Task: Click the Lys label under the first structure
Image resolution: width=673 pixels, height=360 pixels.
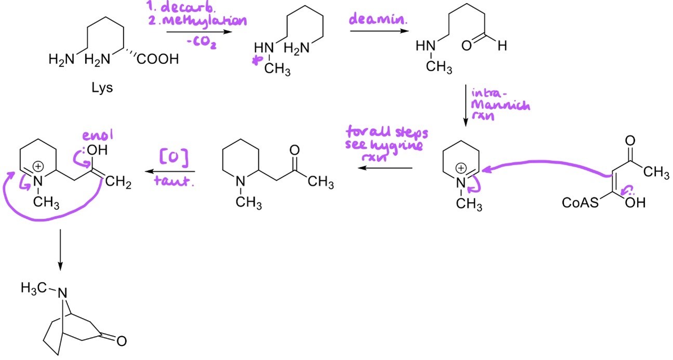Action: (101, 88)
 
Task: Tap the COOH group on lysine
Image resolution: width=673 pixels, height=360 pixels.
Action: (157, 60)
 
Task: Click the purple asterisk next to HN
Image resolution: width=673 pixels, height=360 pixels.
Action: (255, 63)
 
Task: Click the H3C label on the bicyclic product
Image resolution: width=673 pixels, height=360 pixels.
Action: (33, 287)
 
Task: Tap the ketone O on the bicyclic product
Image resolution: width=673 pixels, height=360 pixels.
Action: (121, 341)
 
